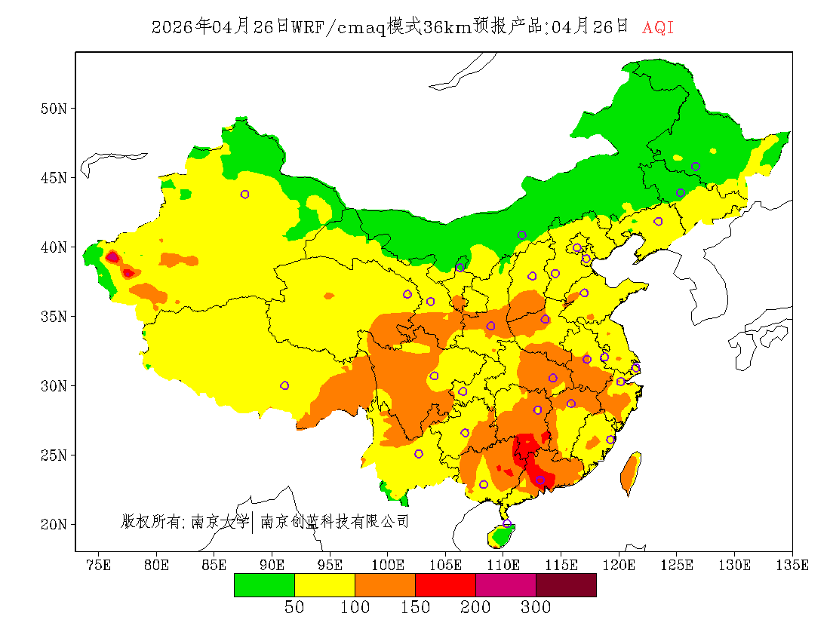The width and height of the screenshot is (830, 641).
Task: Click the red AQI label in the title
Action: coord(658,28)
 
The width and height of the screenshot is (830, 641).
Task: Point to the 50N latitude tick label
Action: coord(53,109)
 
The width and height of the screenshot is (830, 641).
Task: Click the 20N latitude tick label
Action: coord(53,524)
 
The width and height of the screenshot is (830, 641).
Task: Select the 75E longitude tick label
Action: coord(98,565)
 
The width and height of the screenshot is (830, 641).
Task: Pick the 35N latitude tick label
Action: coord(53,316)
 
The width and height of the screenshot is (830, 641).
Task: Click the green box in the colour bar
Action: coord(264,585)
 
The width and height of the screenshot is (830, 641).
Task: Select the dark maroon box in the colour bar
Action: coord(566,585)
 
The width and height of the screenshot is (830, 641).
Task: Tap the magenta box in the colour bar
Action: coord(506,585)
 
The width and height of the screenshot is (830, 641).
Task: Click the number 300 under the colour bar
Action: coord(536,607)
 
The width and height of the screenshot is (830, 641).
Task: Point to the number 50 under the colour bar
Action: coord(294,607)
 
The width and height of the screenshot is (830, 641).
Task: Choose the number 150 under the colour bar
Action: coord(415,607)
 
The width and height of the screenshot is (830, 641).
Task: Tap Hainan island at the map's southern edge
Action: coord(500,535)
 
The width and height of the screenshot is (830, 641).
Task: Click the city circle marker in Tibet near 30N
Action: coord(284,385)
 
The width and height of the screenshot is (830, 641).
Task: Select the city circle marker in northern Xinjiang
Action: coord(244,194)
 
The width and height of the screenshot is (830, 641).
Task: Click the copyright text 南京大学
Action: coord(220,521)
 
